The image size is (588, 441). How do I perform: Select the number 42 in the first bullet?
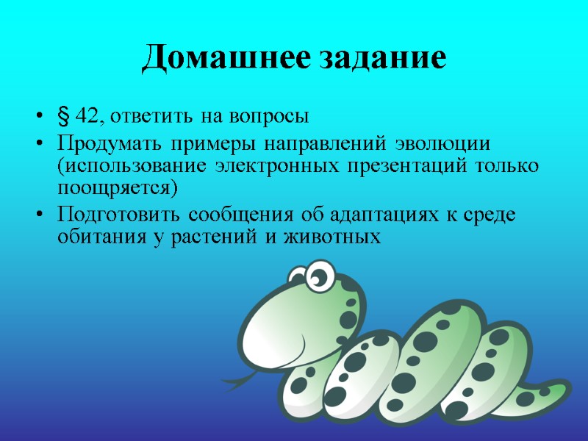(85, 117)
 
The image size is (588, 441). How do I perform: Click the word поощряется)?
(118, 187)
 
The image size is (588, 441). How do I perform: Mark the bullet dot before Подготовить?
(39, 215)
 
